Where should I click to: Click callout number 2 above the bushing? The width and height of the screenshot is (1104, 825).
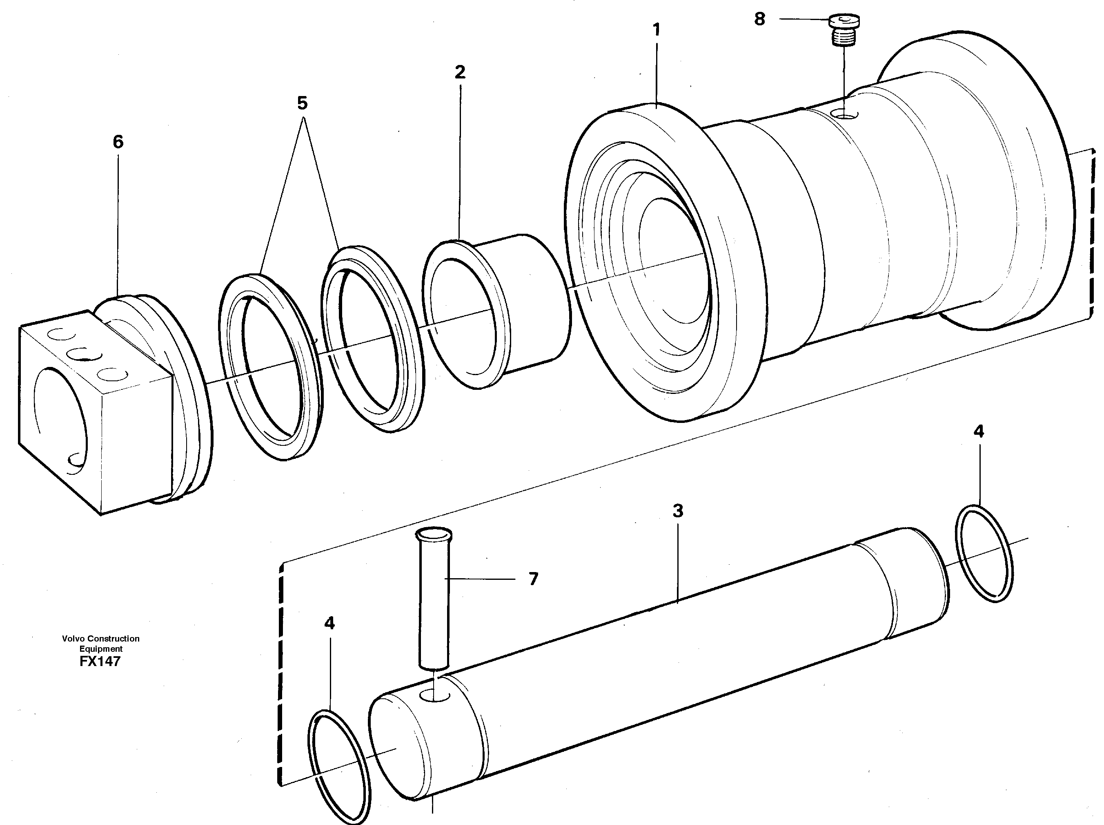pos(459,72)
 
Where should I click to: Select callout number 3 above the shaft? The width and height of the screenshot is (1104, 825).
pos(677,511)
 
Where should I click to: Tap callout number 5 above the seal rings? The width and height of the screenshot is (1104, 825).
pos(302,103)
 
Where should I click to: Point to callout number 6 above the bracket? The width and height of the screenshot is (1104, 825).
pos(118,142)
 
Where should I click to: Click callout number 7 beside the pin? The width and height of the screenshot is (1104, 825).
pos(533,579)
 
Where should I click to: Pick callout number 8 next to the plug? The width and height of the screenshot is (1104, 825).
pos(759,20)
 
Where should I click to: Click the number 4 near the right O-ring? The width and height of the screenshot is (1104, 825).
pos(978,432)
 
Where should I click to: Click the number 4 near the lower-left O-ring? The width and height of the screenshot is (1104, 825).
pos(329,623)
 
